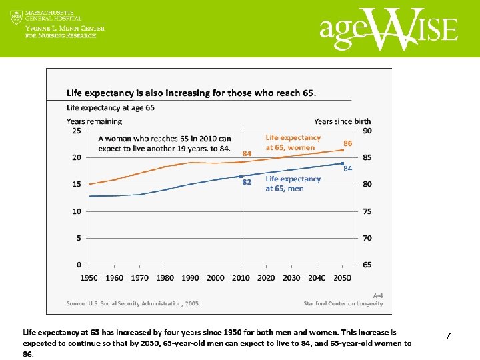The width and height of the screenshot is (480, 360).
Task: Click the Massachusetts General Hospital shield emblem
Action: point(17,17)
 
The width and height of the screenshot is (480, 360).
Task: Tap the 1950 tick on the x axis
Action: point(89,278)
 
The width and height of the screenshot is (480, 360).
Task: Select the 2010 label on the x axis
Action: point(241,278)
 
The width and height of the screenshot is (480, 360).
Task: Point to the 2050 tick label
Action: point(343,278)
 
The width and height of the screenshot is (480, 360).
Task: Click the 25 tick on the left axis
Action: point(77,131)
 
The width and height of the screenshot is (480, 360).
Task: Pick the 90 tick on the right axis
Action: point(367,131)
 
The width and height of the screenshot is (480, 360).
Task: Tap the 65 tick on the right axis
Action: point(367,265)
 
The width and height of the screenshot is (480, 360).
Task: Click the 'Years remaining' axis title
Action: point(94,121)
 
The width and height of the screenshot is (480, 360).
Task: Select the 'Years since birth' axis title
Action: point(343,121)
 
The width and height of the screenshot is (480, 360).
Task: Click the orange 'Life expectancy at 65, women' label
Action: point(293,143)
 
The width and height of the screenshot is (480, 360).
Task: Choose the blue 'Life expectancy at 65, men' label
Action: point(293,183)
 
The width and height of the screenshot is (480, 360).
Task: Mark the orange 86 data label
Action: point(347,143)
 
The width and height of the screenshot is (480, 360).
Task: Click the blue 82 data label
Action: point(246,182)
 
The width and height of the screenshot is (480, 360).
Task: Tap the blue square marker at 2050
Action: point(343,163)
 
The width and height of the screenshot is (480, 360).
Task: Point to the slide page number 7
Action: point(448,337)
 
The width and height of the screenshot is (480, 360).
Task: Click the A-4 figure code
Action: point(377,294)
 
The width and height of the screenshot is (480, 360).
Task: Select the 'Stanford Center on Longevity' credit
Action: point(343,303)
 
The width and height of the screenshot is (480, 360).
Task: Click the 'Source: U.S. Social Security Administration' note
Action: point(133,303)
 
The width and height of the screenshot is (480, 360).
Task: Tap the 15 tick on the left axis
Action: point(77,185)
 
